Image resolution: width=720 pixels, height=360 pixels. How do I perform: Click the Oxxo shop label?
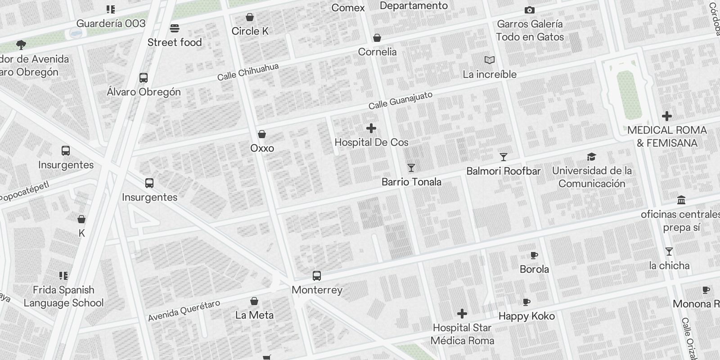pos(262,148)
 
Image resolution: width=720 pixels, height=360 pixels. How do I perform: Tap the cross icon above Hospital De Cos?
pos(371,129)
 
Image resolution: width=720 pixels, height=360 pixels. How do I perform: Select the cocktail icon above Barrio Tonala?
pos(411,168)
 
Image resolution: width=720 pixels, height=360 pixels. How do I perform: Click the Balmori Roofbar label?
pos(503,171)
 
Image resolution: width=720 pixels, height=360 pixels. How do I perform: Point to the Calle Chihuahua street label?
pos(248,72)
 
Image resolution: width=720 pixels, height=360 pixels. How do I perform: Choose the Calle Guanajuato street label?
pos(400,100)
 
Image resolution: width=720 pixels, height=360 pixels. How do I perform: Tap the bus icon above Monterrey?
pos(317,276)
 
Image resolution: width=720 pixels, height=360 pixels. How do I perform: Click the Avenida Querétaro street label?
pos(184,310)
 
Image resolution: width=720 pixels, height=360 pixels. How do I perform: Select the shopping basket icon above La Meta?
pos(254,301)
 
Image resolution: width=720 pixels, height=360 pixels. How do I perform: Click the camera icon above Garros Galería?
pos(530,10)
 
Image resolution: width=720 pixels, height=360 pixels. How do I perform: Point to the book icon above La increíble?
pos(490,60)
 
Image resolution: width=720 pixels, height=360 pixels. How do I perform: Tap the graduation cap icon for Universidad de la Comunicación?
pos(591,157)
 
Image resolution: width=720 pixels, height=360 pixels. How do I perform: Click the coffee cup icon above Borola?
pos(534,256)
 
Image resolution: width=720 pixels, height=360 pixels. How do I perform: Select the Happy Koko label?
pos(526,316)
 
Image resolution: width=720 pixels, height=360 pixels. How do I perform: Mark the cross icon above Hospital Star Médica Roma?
pos(462,314)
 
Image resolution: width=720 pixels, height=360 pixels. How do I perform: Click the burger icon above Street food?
pos(175,28)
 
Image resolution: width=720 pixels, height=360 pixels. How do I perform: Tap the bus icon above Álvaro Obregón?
pos(144,78)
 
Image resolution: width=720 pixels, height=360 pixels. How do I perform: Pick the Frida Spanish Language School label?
pos(63,296)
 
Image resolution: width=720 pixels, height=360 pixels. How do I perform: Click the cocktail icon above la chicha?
pos(669,252)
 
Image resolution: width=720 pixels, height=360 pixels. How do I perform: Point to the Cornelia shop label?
pos(377,52)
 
